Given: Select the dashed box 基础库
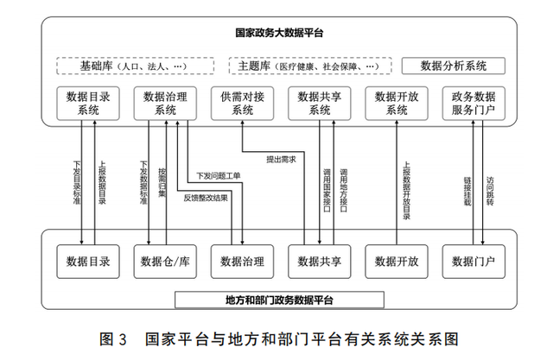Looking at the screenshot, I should tap(135, 66).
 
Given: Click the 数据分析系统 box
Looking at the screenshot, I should tap(453, 66).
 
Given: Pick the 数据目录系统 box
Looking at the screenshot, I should tap(88, 103).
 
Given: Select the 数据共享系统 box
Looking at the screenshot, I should tap(319, 103).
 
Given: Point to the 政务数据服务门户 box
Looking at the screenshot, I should tap(473, 103).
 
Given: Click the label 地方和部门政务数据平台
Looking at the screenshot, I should tap(278, 300).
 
